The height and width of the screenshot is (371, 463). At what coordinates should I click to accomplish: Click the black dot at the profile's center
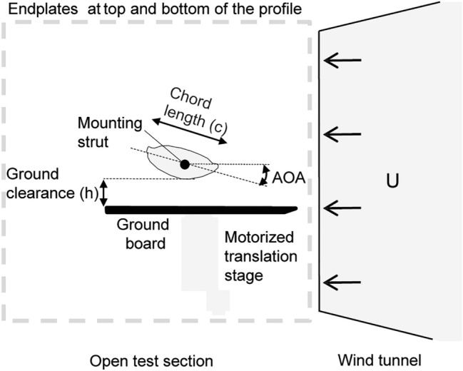[x=185, y=165]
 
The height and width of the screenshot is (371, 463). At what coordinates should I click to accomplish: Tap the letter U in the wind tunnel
[x=392, y=182]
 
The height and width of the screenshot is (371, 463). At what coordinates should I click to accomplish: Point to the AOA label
[x=289, y=173]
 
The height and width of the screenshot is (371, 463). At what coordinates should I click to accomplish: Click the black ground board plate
[x=200, y=209]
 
